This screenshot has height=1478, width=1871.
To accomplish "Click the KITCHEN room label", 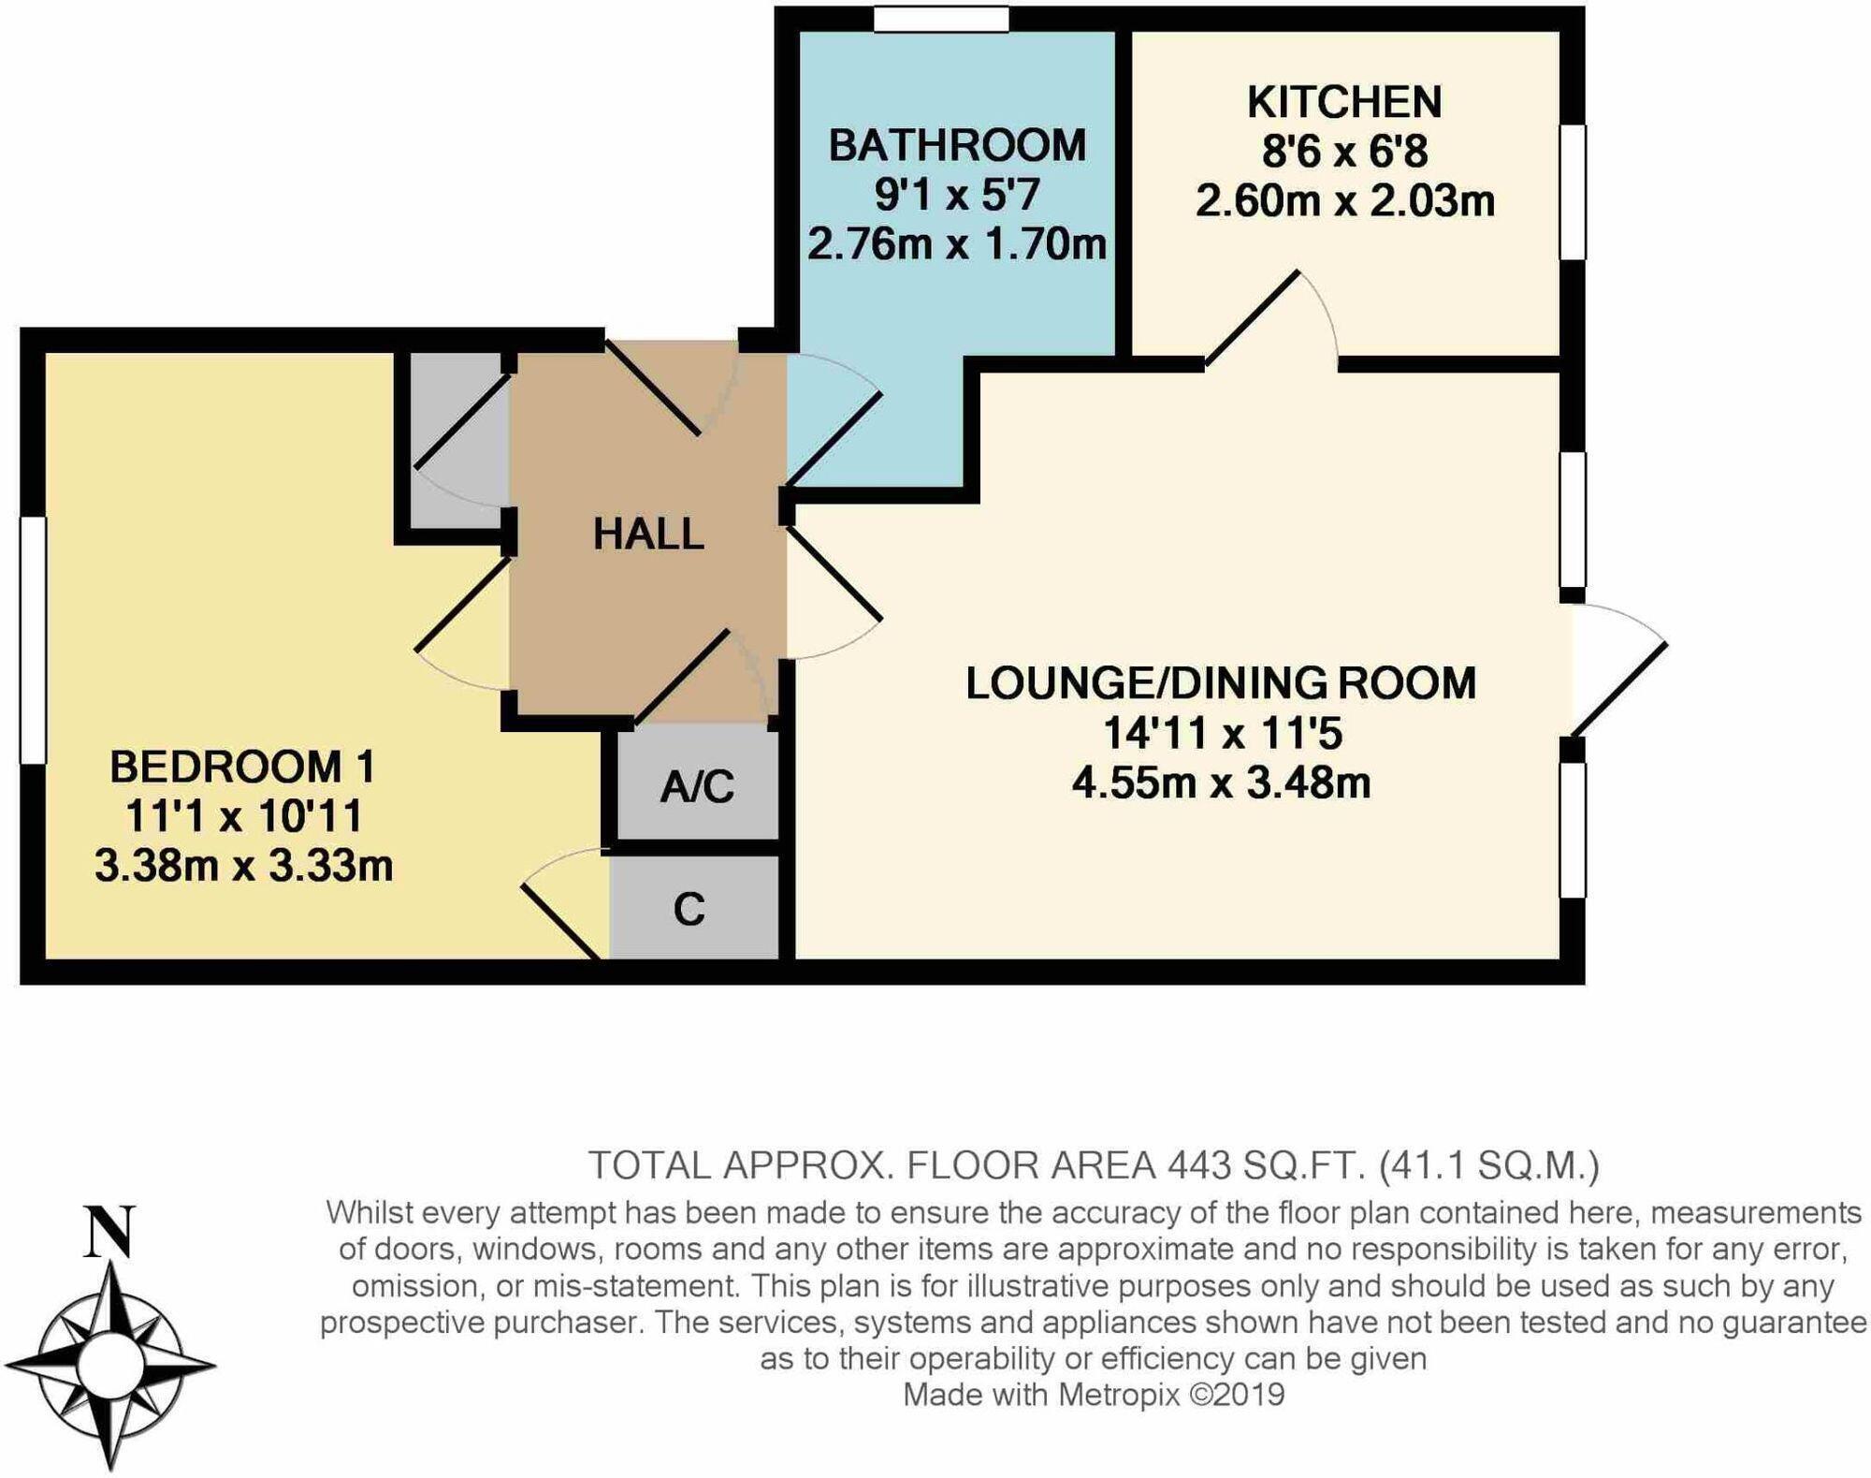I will (1344, 102).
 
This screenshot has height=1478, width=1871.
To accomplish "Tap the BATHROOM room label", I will (957, 146).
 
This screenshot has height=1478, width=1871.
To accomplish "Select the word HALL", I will (648, 534).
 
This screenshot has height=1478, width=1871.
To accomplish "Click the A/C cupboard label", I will (697, 786).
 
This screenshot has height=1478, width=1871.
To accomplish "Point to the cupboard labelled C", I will (689, 909).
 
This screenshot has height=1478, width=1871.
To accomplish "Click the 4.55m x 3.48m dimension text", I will (1221, 783).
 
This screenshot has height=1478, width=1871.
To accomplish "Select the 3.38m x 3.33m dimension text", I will (243, 866).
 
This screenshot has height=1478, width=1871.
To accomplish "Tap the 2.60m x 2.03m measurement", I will (1344, 201).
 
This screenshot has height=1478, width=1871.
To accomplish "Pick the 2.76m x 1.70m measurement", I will (957, 244).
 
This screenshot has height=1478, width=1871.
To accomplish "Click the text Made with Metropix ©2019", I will (1094, 1395).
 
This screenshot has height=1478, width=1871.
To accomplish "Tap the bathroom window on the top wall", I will (941, 20).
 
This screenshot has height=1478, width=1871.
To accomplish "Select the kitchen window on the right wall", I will (1573, 192).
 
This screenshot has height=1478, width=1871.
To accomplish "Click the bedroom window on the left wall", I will (33, 639).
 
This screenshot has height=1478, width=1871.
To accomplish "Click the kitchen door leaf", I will (1252, 317).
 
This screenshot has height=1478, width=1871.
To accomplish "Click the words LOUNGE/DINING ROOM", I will (1221, 683).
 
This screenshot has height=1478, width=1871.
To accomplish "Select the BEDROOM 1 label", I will (243, 767).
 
